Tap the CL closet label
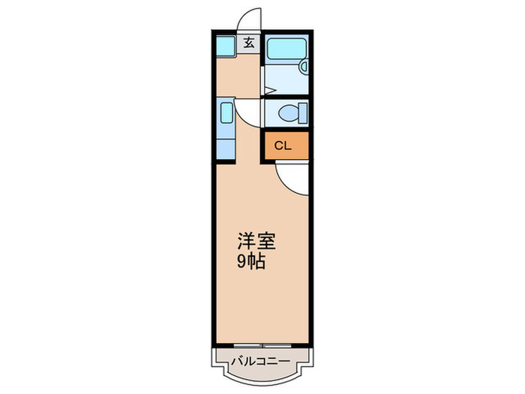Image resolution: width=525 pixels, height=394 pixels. (282, 146)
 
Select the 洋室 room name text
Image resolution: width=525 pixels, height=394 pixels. (257, 242)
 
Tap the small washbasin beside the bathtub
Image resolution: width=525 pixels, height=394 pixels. (304, 67)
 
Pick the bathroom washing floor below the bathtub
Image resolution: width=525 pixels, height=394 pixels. (285, 79)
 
